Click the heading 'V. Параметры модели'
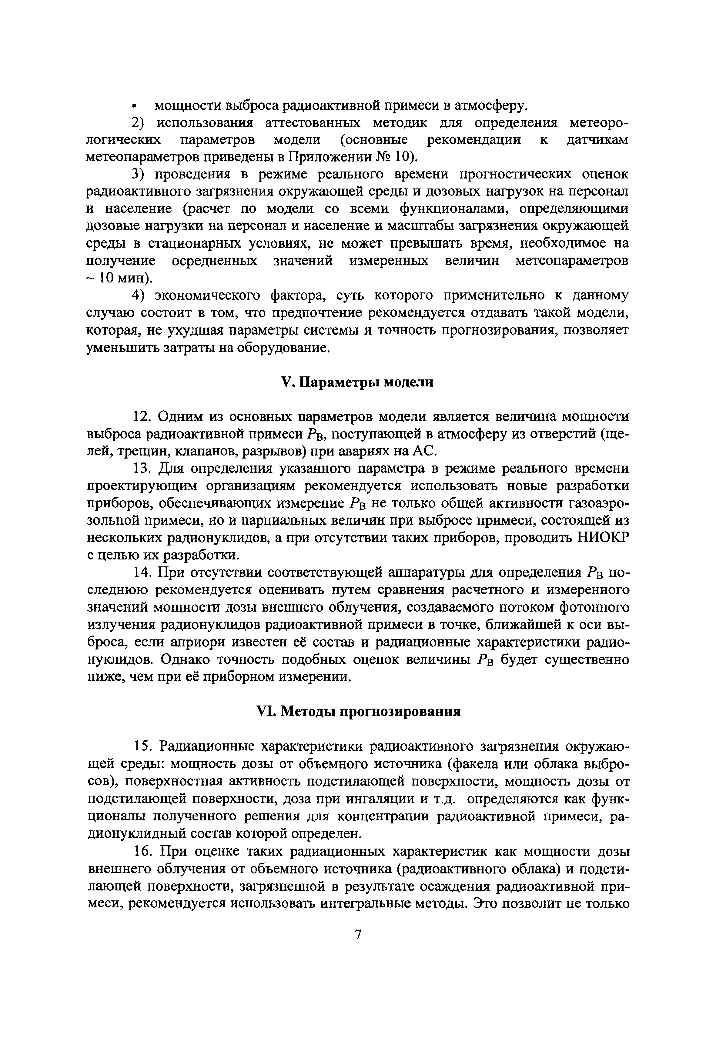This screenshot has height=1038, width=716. click(x=357, y=382)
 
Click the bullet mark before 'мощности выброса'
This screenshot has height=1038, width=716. click(x=134, y=106)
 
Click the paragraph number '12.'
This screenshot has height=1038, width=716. click(x=144, y=417)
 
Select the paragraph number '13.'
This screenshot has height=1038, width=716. click(x=144, y=468)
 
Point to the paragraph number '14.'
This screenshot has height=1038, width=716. click(x=144, y=573)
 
